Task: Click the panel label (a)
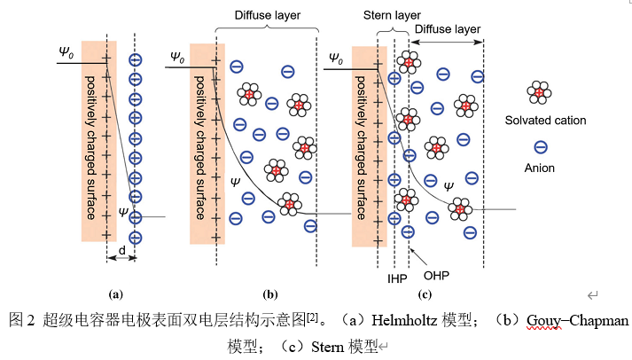click(x=114, y=293)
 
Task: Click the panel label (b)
click(x=270, y=293)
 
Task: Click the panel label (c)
click(x=425, y=293)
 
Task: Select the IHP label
click(x=396, y=278)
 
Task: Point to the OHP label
click(x=436, y=276)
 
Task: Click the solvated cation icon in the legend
click(x=537, y=92)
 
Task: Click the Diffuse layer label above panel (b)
click(x=267, y=15)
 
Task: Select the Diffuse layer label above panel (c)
click(x=447, y=28)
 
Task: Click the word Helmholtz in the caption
click(x=403, y=319)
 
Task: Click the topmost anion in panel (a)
click(x=135, y=59)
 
